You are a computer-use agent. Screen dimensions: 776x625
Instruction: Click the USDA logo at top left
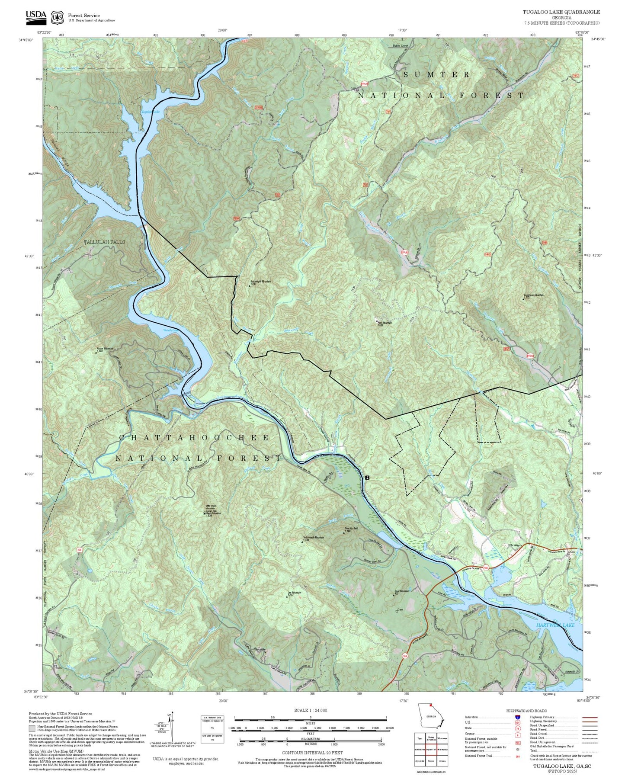(35, 16)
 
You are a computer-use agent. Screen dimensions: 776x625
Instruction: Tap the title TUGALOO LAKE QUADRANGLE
(561, 12)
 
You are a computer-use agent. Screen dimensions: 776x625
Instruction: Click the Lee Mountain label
(294, 593)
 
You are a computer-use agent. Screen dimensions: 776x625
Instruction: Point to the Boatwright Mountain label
(260, 282)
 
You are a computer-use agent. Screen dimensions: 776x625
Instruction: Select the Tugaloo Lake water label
(150, 112)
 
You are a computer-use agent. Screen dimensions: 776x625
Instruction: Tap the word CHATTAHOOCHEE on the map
(194, 438)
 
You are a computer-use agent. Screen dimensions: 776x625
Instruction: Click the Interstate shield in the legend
(517, 717)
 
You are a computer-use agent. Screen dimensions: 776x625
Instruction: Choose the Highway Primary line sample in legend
(590, 717)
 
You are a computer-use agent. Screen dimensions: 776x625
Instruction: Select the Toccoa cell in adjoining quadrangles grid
(431, 760)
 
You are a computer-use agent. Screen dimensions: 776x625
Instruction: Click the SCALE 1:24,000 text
(310, 710)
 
